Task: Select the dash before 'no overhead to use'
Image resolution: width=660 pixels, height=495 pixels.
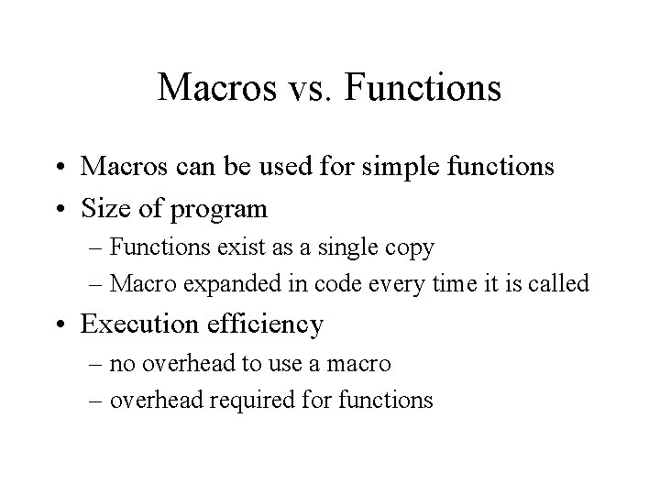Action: click(97, 364)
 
